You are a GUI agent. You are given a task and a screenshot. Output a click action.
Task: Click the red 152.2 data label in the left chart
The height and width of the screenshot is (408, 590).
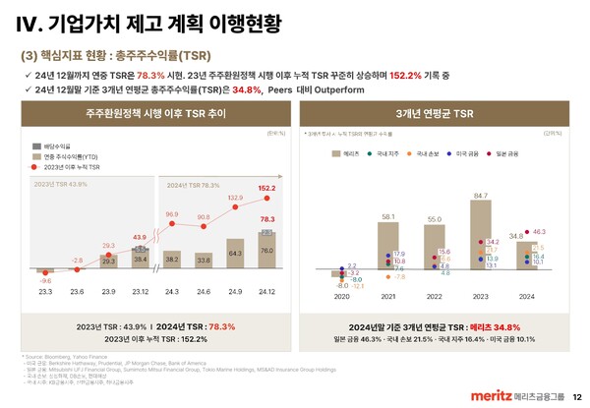click(x=266, y=188)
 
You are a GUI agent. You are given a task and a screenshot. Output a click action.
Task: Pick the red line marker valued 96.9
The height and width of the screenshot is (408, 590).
click(x=171, y=223)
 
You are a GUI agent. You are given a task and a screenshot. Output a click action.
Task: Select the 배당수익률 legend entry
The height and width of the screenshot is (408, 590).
click(x=59, y=146)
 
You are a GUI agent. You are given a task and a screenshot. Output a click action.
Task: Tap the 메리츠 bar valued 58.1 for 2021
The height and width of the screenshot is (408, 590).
click(x=387, y=246)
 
